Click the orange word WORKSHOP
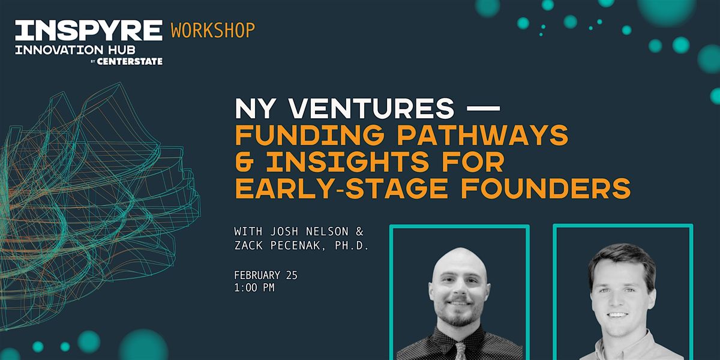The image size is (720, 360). pyautogui.click(x=213, y=30)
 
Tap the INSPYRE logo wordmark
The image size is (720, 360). pyautogui.click(x=89, y=30)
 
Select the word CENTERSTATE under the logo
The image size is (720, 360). pyautogui.click(x=130, y=61)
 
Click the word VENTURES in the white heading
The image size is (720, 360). pyautogui.click(x=371, y=109)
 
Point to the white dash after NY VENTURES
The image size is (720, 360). pyautogui.click(x=483, y=109)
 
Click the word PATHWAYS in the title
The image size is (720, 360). pyautogui.click(x=483, y=136)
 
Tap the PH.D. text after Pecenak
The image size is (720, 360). pyautogui.click(x=352, y=246)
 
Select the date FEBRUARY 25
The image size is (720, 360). pyautogui.click(x=266, y=275)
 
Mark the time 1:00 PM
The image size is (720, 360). pyautogui.click(x=254, y=287)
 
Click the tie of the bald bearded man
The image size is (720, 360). pyautogui.click(x=460, y=352)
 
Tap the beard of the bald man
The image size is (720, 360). pyautogui.click(x=459, y=313)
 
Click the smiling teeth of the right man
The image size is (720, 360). pyautogui.click(x=617, y=314)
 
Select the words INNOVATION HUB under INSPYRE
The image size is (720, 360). pyautogui.click(x=75, y=50)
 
